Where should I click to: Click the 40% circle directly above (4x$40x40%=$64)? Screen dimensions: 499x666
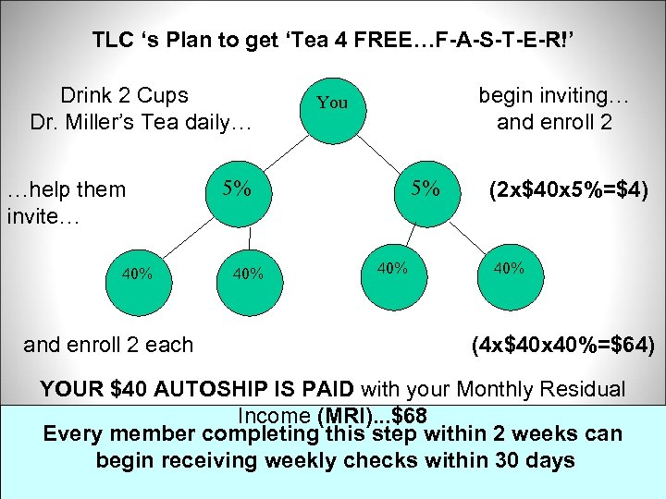(509, 269)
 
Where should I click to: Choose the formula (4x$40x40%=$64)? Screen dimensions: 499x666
(562, 346)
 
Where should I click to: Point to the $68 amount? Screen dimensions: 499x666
(409, 413)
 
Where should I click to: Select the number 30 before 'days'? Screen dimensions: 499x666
(503, 460)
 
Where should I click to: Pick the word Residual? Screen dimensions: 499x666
(586, 391)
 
